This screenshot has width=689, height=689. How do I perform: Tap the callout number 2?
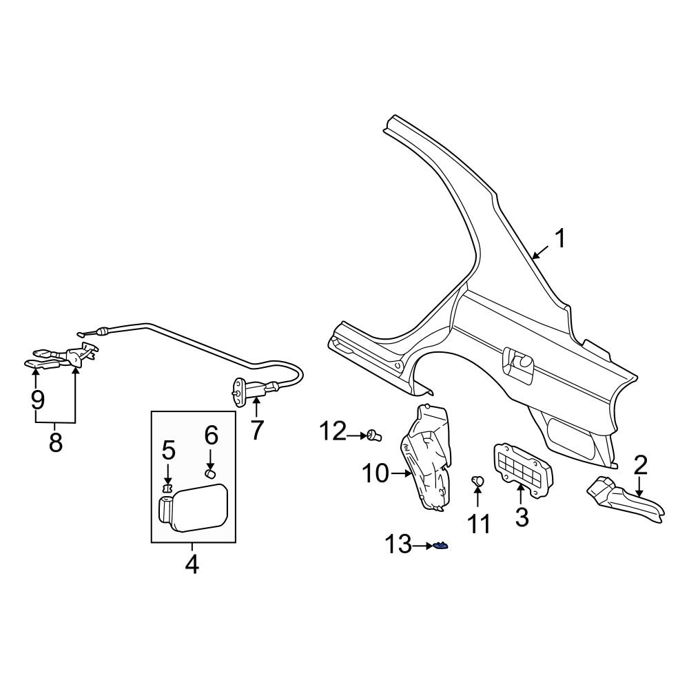coord(640,465)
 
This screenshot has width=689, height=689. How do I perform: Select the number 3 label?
coord(522,516)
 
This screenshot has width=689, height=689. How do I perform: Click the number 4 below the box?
coord(192,564)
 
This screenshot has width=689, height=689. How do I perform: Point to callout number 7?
coord(256,430)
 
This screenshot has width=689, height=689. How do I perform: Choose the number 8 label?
coord(55,442)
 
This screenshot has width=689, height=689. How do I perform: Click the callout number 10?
coord(376,473)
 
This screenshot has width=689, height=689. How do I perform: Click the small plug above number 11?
coord(476,480)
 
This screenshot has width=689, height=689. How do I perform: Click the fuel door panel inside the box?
coord(196,508)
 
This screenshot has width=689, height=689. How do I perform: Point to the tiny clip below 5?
coord(166,488)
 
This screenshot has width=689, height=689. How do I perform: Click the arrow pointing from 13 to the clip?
coord(421,546)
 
